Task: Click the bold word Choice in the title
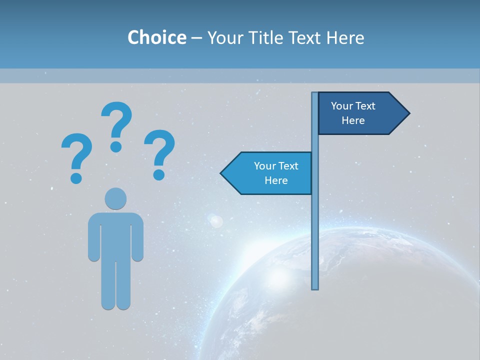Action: tap(156, 38)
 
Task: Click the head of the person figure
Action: tap(115, 198)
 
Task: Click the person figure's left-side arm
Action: tap(94, 237)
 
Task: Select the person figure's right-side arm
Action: tap(137, 237)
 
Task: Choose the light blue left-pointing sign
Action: tap(270, 173)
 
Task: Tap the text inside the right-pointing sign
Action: tap(353, 113)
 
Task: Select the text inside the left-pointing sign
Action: tap(276, 173)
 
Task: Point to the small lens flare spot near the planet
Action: tap(216, 220)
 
